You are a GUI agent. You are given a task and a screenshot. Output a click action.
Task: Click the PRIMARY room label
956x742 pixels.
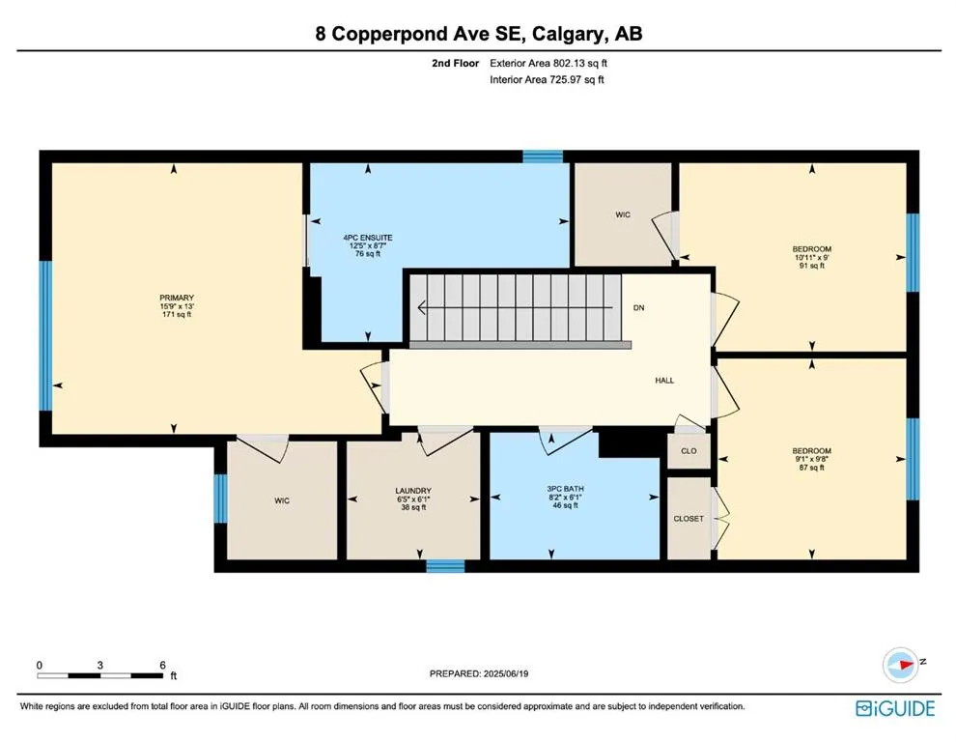click(x=177, y=298)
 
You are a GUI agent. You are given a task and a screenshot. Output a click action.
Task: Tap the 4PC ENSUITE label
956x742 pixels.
click(x=368, y=238)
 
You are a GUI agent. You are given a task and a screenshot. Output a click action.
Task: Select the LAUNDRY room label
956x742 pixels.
click(x=413, y=491)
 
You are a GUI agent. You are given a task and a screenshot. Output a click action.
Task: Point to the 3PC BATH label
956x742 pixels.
click(x=565, y=489)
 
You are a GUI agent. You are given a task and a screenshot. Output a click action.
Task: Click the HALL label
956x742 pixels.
click(x=664, y=380)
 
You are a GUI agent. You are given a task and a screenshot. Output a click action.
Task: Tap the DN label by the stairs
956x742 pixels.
click(x=639, y=307)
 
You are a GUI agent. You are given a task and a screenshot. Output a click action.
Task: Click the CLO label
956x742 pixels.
click(x=689, y=451)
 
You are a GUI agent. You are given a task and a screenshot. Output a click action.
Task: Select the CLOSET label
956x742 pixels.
click(x=689, y=519)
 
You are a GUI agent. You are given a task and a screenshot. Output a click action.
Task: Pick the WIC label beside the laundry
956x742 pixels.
click(x=282, y=500)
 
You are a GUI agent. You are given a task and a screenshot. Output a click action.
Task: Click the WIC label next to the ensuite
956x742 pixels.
click(x=623, y=214)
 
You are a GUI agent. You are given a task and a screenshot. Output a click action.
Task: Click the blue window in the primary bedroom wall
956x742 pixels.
click(x=45, y=335)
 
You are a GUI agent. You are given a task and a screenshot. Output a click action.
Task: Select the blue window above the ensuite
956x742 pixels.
click(x=543, y=157)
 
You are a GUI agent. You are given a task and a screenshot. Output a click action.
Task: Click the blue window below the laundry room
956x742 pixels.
click(x=445, y=566)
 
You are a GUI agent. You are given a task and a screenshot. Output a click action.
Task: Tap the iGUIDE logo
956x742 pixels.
click(x=895, y=708)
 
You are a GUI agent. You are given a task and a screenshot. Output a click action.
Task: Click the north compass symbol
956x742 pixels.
click(x=901, y=665)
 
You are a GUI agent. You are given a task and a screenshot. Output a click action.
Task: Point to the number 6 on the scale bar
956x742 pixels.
click(x=162, y=665)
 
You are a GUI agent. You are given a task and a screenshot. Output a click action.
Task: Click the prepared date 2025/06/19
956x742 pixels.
click(x=506, y=673)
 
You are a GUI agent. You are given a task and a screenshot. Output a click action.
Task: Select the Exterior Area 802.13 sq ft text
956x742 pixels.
click(x=548, y=63)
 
